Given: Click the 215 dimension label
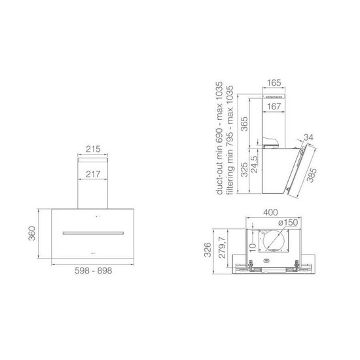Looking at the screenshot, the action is [93, 149].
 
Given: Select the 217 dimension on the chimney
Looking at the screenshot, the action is [93, 174].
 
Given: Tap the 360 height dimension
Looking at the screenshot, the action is [32, 234].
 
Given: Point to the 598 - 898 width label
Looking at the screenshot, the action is [93, 270].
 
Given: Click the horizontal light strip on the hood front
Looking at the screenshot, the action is [93, 233].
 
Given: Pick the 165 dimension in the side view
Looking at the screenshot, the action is [274, 82].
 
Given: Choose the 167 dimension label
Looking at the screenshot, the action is [274, 107].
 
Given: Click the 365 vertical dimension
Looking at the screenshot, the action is [244, 124].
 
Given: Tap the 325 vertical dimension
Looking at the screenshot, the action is [244, 170].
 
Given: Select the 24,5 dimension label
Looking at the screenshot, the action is [255, 164].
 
